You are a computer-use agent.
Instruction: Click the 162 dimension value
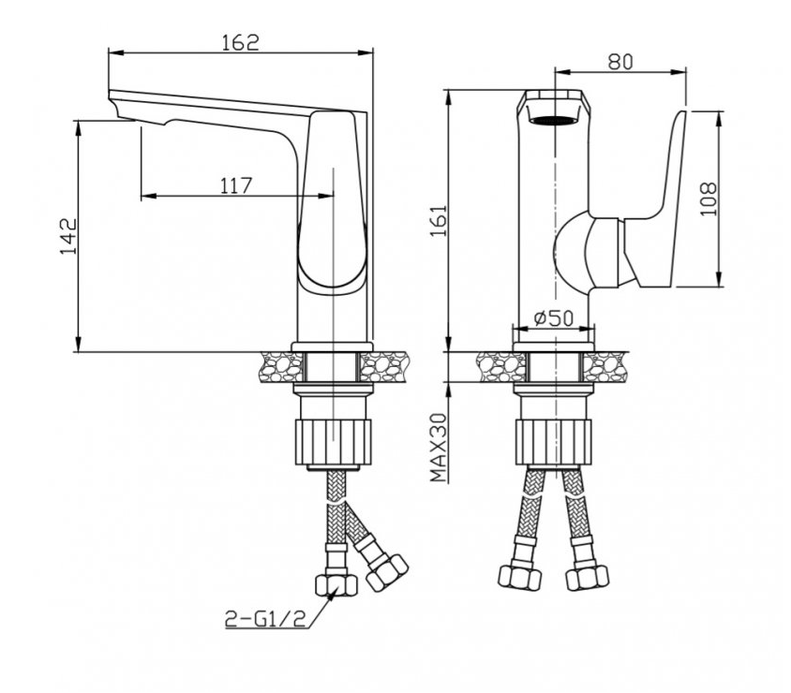coord(241,42)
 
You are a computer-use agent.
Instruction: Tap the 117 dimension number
coord(235,185)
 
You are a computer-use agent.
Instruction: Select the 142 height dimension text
coord(68,236)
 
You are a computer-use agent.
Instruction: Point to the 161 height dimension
coord(439,220)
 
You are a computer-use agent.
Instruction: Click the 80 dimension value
coord(620,62)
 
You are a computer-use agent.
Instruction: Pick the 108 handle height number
coord(709,199)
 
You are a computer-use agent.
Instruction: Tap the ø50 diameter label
coord(553,318)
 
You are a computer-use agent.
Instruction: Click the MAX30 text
coord(439,448)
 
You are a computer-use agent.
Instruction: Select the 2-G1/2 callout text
coord(265,619)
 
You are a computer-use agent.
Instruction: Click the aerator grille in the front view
coord(555,121)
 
